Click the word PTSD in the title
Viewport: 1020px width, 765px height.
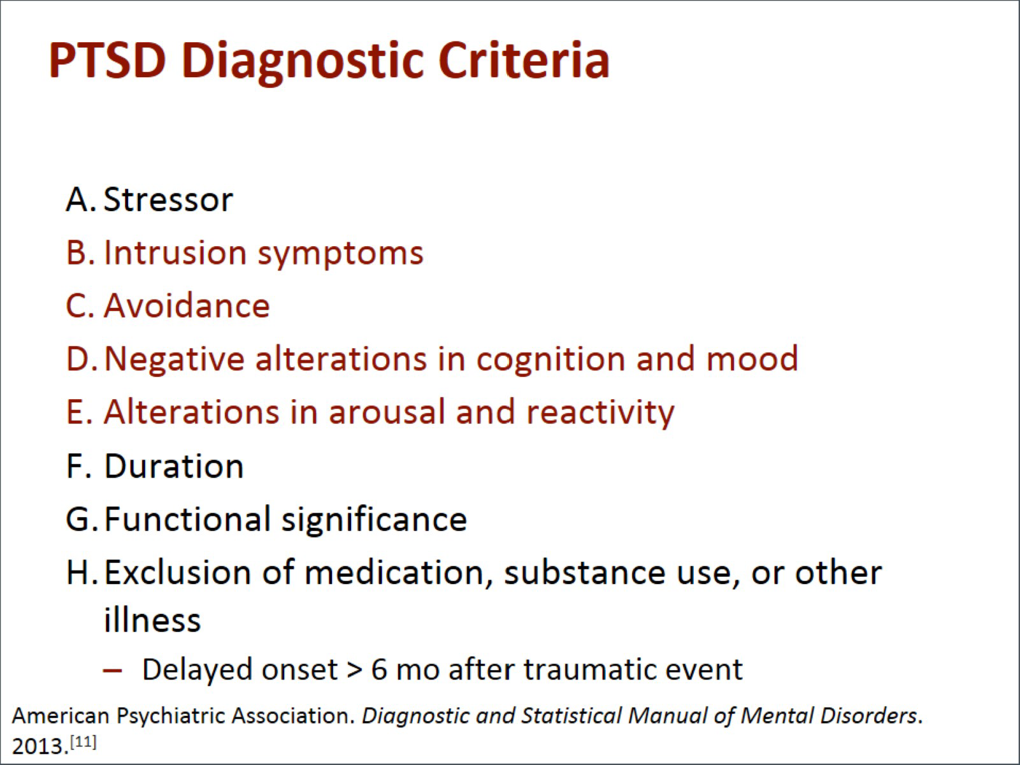tap(107, 61)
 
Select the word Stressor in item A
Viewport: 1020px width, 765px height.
tap(168, 200)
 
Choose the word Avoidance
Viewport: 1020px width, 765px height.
tap(187, 306)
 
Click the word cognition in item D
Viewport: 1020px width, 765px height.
tap(551, 360)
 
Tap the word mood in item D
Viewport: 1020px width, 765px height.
tap(752, 360)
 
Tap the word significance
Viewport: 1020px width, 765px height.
tap(375, 520)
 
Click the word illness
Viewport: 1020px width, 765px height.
tap(152, 620)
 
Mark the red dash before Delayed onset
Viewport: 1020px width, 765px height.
tap(112, 671)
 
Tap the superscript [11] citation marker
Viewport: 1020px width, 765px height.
tap(83, 741)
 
